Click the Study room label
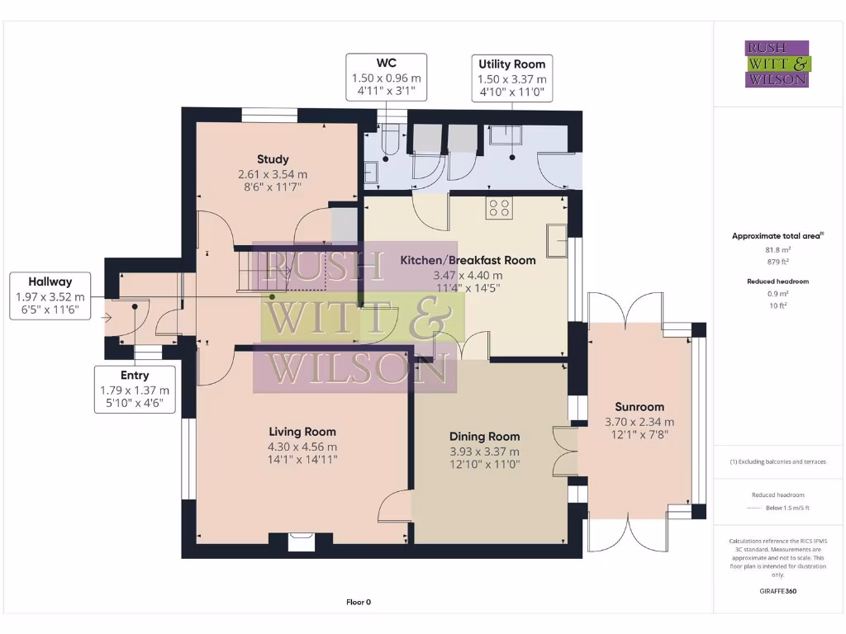273,159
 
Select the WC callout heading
387,63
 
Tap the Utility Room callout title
511,64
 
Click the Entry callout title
134,376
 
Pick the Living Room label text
302,432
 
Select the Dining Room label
484,437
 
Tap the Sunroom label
639,407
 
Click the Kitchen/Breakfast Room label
468,260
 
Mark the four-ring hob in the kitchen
498,208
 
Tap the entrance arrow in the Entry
107,316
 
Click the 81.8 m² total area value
775,248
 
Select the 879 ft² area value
775,261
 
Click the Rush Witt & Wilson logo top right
777,64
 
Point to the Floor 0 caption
359,603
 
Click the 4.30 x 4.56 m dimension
302,447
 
